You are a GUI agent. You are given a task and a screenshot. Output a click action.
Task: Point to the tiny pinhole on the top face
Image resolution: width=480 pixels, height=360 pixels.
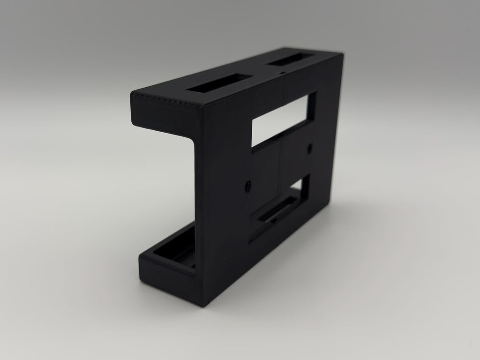(281, 74)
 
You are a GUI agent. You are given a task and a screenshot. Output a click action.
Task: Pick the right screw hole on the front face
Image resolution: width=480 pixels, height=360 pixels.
(309, 149)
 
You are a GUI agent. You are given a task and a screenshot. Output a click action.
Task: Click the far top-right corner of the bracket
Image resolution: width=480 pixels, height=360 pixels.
(343, 54)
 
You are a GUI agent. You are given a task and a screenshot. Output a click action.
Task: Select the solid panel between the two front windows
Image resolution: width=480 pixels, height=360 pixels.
(281, 164)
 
